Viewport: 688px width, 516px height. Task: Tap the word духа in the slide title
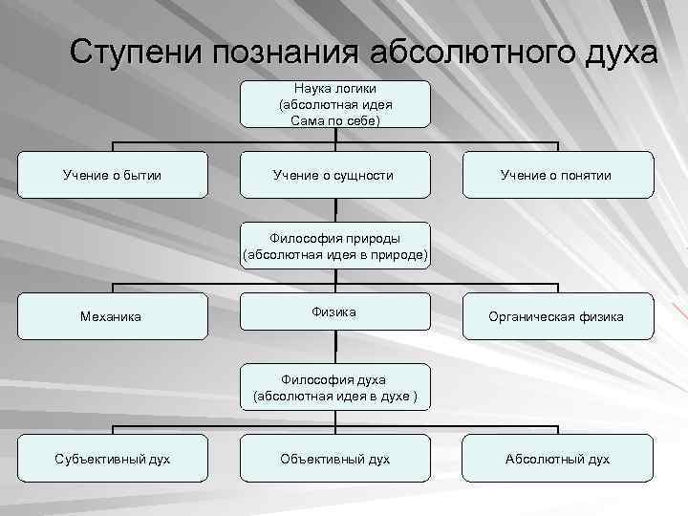pyautogui.click(x=615, y=52)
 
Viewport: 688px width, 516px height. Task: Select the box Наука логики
pyautogui.click(x=335, y=104)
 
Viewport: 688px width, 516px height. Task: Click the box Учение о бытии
pyautogui.click(x=113, y=175)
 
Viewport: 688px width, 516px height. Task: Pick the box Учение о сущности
pyautogui.click(x=334, y=175)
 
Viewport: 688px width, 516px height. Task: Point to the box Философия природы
pyautogui.click(x=335, y=247)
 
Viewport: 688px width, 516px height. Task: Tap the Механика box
pyautogui.click(x=113, y=316)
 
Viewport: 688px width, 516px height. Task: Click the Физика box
pyautogui.click(x=334, y=313)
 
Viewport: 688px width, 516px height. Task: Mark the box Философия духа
pyautogui.click(x=335, y=387)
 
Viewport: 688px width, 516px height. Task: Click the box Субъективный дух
pyautogui.click(x=113, y=459)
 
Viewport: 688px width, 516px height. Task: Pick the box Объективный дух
pyautogui.click(x=334, y=459)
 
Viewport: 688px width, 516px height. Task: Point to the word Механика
pyautogui.click(x=113, y=316)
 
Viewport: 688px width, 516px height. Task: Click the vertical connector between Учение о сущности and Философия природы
pyautogui.click(x=335, y=210)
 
